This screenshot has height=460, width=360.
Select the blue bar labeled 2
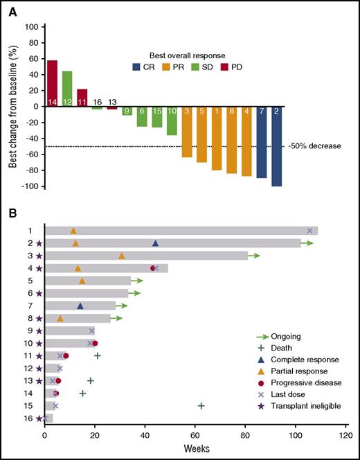tap(277, 146)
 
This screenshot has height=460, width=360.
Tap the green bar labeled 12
tap(67, 89)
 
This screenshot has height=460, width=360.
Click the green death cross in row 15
tap(201, 405)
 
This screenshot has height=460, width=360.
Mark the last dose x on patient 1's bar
tap(309, 231)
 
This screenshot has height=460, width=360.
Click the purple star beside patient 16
tap(39, 418)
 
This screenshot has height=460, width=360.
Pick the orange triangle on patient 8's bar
tap(60, 319)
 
